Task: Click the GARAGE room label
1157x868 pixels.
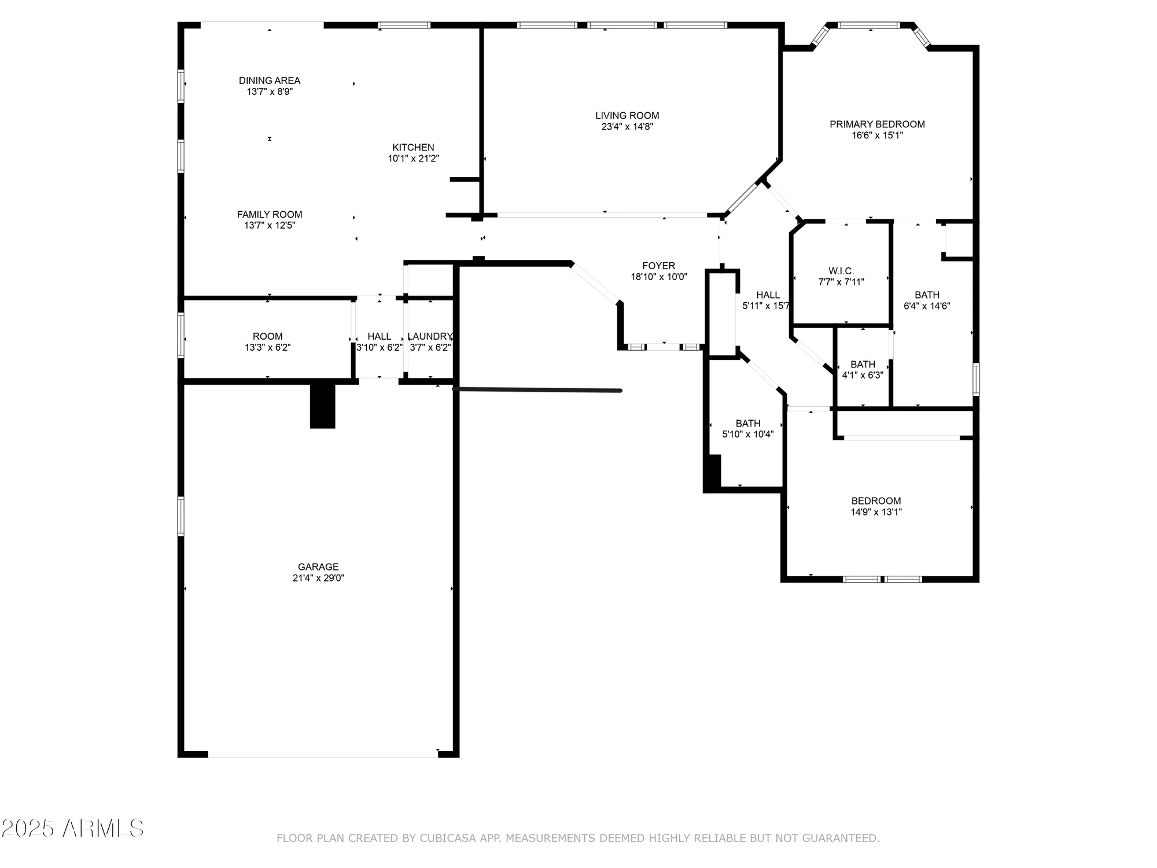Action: (x=318, y=567)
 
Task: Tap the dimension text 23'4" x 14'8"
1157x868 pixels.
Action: (x=627, y=127)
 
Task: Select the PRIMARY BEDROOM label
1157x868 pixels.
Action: (x=877, y=124)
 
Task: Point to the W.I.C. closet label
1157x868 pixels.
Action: (x=841, y=271)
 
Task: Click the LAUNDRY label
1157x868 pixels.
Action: (x=429, y=337)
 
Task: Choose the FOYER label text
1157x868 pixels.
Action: (x=658, y=266)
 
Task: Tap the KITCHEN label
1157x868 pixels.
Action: (x=413, y=148)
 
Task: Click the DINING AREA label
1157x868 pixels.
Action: (x=270, y=81)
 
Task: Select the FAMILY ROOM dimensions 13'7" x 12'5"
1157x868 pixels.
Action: (x=270, y=226)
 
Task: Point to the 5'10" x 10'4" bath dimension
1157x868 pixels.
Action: (x=747, y=435)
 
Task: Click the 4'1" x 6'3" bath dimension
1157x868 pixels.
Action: (x=863, y=376)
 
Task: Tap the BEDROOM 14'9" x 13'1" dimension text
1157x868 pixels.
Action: (x=876, y=512)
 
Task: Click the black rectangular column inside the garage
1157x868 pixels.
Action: (x=322, y=406)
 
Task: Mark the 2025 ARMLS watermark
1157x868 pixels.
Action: (x=72, y=829)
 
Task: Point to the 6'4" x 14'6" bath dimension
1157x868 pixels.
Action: (x=927, y=306)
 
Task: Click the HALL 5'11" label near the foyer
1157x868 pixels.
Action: (x=768, y=295)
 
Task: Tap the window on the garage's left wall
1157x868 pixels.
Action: (x=181, y=516)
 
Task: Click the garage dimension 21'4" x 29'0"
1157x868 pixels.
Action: (x=318, y=578)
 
